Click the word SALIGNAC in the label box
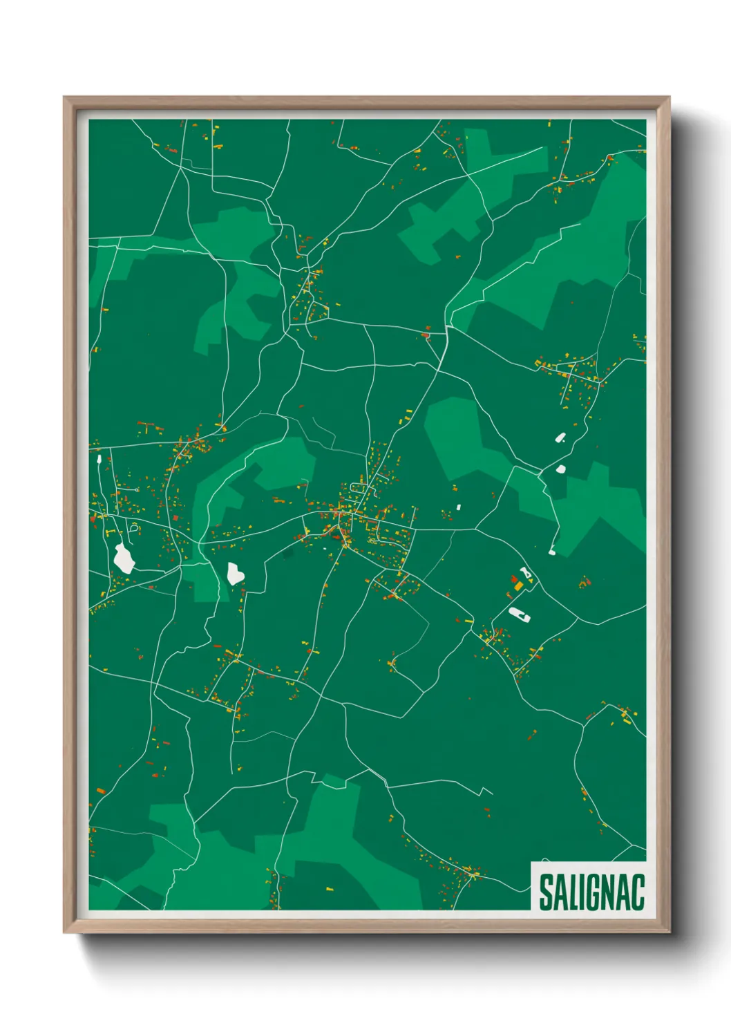click(x=591, y=892)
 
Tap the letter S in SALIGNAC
click(x=546, y=892)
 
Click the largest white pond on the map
click(x=124, y=558)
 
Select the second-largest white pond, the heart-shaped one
click(x=235, y=573)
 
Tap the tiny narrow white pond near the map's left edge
click(x=99, y=458)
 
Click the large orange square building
click(x=519, y=586)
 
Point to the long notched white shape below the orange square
click(x=518, y=613)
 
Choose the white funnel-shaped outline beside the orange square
click(x=527, y=573)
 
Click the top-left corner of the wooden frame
click(x=65, y=98)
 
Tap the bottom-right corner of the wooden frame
click(x=669, y=931)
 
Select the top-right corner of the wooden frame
click(x=669, y=98)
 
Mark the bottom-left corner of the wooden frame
click(x=65, y=931)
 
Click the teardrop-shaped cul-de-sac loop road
click(x=134, y=528)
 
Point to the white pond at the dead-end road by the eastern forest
click(x=552, y=550)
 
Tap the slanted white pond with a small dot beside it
click(x=560, y=437)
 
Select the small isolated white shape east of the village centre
click(x=458, y=507)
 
